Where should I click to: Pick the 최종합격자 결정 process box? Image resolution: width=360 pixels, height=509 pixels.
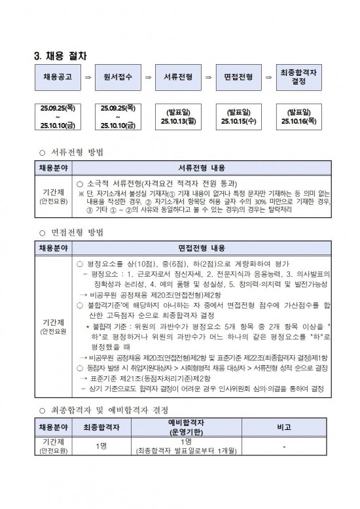click(x=298, y=77)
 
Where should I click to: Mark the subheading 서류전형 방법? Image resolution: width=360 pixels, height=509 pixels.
click(x=76, y=152)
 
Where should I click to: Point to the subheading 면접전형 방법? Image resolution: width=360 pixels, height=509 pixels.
click(x=76, y=233)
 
